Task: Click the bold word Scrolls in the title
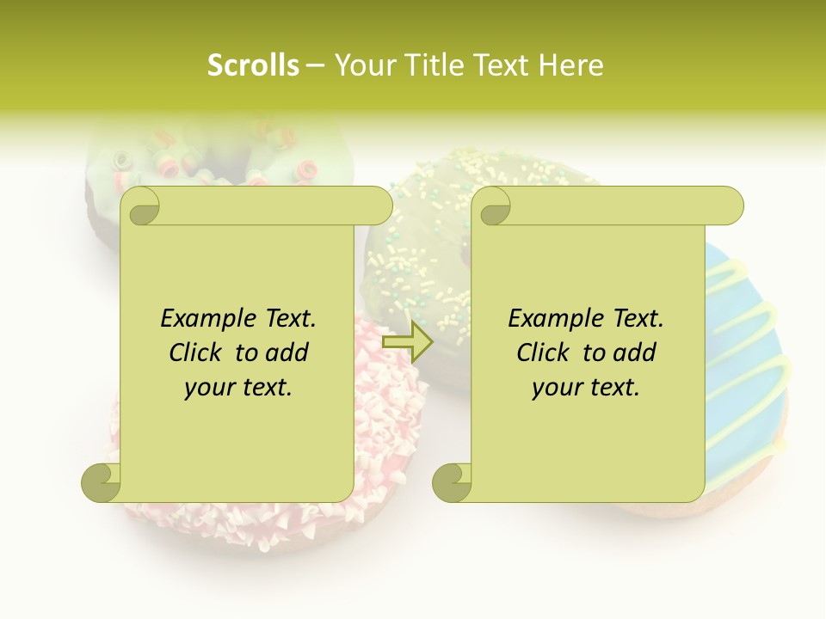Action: tap(253, 65)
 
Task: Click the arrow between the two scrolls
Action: tap(408, 342)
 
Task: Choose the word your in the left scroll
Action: tap(207, 388)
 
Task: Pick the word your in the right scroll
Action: tap(555, 388)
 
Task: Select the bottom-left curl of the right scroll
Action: tap(452, 482)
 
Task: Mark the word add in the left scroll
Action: tap(287, 352)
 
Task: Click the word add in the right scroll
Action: tap(635, 352)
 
